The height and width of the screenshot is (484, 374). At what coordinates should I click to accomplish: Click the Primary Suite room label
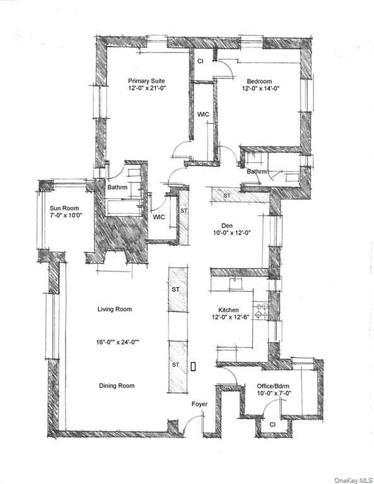click(147, 81)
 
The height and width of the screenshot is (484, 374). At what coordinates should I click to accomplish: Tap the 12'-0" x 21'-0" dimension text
click(147, 89)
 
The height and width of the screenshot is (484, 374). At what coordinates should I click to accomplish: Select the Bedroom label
click(259, 81)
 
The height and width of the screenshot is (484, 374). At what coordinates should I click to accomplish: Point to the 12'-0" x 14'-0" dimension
click(259, 89)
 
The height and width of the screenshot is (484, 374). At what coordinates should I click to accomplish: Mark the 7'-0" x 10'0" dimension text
click(66, 216)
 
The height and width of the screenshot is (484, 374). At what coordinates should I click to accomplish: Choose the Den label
click(228, 225)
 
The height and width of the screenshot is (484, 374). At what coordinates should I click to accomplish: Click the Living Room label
click(119, 309)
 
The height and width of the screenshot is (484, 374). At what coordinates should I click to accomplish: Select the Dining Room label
click(117, 386)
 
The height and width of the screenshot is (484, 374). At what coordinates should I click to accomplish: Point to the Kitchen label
click(228, 310)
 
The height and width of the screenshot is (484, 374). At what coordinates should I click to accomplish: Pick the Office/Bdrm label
click(274, 386)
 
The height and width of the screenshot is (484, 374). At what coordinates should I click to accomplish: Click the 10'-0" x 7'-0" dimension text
click(274, 394)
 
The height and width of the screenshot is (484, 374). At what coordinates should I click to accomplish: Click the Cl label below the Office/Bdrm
click(272, 425)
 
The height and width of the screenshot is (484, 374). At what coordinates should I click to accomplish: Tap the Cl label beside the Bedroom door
click(201, 62)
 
